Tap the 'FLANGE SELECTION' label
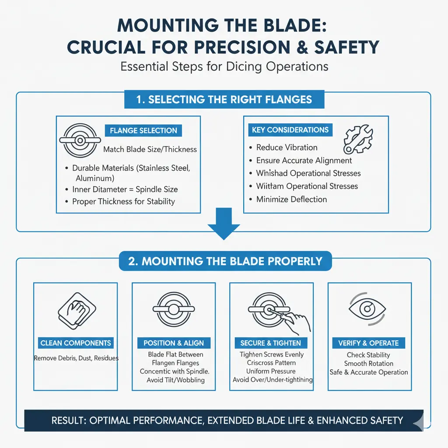[143, 130]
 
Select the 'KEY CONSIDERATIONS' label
[290, 130]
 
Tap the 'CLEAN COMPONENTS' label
[76, 343]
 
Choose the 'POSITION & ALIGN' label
[174, 343]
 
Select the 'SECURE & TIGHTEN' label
[271, 343]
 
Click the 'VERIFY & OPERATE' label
[368, 343]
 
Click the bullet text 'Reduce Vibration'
[287, 147]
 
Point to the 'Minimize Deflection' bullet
[291, 199]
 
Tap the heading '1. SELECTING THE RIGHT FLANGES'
[224, 99]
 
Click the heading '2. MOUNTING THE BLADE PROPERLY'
[225, 262]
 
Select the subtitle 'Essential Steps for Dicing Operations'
[224, 67]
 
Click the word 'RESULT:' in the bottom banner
[69, 421]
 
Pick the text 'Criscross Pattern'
[272, 363]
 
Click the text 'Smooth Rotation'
[368, 364]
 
